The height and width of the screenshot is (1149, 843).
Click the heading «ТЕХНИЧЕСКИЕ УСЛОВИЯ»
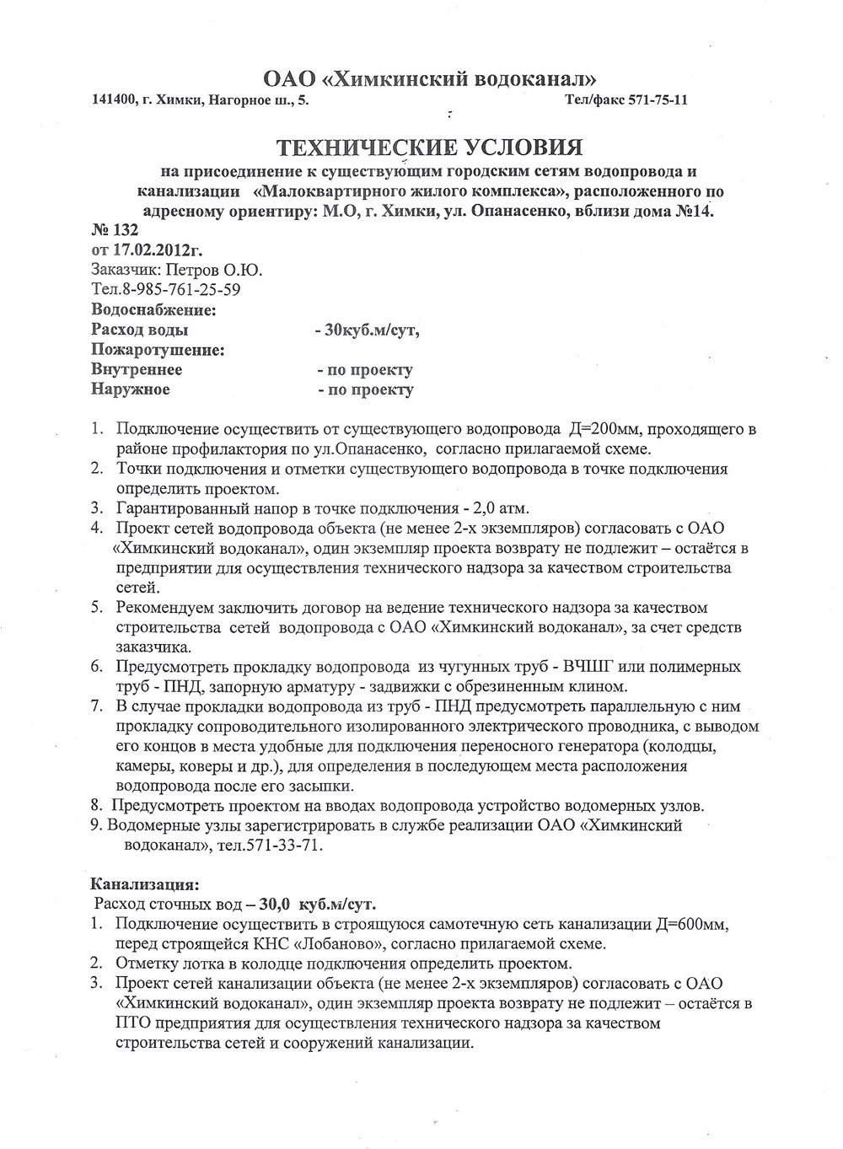[x=430, y=148]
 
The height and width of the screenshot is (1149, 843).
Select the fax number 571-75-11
[x=658, y=99]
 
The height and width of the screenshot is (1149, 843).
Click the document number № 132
[x=113, y=230]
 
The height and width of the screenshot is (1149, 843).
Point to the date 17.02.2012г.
[x=157, y=250]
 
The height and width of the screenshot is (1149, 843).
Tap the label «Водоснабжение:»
[x=153, y=309]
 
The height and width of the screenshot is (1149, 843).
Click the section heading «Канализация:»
[x=145, y=885]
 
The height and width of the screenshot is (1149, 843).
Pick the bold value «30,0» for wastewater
[x=275, y=905]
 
